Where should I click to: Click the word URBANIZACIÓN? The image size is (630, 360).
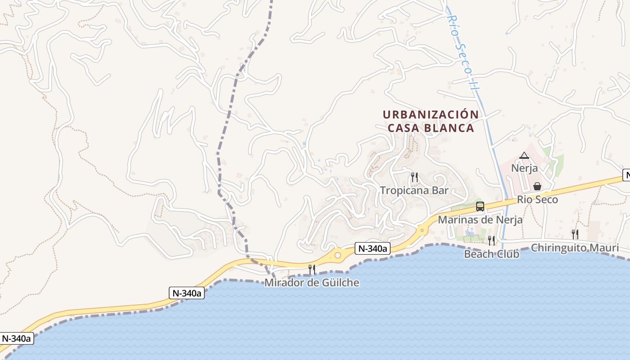click(x=431, y=115)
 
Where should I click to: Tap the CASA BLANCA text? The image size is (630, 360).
click(x=431, y=128)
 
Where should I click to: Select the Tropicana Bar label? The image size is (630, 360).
click(x=414, y=190)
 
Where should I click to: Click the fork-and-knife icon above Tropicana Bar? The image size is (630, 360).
click(x=414, y=177)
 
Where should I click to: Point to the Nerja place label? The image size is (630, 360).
click(x=524, y=168)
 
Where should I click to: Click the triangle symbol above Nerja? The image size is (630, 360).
click(x=524, y=156)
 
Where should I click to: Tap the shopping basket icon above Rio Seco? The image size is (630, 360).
click(x=537, y=186)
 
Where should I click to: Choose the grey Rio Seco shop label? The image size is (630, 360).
click(x=537, y=199)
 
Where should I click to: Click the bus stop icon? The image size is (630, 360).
click(x=480, y=207)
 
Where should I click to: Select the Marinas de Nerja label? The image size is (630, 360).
click(x=480, y=220)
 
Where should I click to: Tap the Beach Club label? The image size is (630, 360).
click(x=491, y=254)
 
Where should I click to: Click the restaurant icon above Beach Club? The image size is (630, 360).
click(x=491, y=241)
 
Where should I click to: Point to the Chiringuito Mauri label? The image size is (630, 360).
click(x=575, y=247)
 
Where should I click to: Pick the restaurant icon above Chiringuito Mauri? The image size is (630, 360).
click(x=575, y=234)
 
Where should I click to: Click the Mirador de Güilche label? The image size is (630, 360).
click(x=312, y=283)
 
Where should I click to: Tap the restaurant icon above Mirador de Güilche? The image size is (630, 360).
click(x=311, y=270)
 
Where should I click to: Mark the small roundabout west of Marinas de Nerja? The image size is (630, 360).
click(x=422, y=230)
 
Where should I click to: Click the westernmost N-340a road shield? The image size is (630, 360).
click(x=17, y=338)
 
